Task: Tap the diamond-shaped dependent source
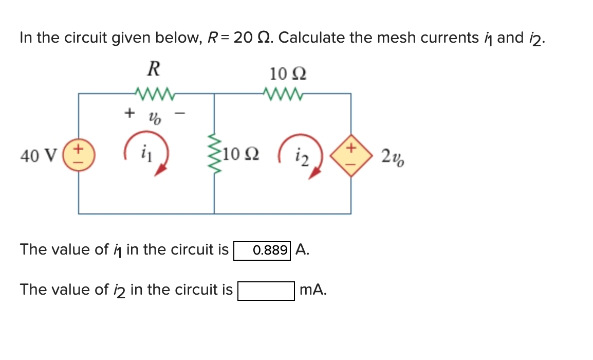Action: (x=351, y=154)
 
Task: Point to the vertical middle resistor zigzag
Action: (x=214, y=153)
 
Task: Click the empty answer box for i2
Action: (x=266, y=291)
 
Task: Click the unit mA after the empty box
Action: (x=312, y=290)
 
